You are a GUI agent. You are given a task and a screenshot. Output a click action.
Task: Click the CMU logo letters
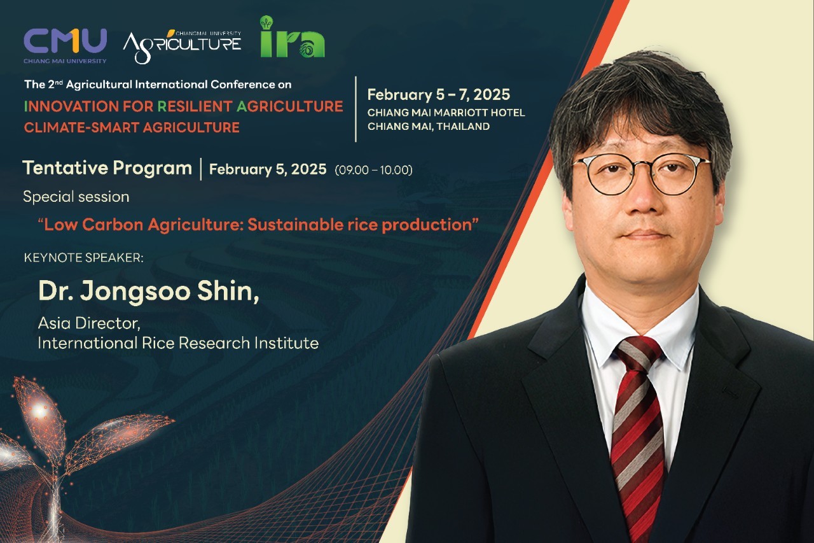66,41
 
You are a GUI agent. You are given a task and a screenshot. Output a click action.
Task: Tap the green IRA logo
293,36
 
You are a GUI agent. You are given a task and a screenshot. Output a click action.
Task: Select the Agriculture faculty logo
182,46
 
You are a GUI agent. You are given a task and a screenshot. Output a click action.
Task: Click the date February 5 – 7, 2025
439,95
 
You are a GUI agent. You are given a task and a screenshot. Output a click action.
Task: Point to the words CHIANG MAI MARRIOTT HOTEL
446,113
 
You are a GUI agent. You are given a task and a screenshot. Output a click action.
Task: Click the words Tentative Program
107,169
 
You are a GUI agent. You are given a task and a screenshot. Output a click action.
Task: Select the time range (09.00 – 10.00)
373,170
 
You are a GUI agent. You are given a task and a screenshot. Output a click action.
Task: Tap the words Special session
76,197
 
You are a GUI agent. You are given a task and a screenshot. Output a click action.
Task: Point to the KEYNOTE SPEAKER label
83,258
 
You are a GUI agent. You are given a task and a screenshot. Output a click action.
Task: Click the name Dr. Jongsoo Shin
148,292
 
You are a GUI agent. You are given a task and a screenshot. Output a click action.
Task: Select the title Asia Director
89,323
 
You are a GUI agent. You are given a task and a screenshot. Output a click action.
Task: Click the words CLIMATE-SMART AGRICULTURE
132,128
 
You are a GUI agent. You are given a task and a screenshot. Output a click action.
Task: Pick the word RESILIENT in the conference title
195,106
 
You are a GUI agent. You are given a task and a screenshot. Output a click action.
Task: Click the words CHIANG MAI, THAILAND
429,127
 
